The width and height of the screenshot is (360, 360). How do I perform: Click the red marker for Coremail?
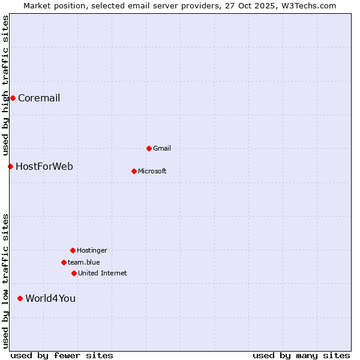(x=13, y=98)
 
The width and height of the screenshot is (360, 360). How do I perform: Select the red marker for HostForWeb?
(x=10, y=166)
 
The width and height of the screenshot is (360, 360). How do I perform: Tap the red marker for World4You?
(x=20, y=298)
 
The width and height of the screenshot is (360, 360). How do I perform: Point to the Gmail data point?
(x=149, y=148)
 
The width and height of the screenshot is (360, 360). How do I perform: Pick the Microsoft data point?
(x=134, y=171)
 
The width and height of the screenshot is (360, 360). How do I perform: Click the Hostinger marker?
(x=73, y=250)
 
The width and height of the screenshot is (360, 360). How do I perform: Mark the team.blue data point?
(x=64, y=262)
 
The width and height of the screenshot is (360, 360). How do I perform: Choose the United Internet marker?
(x=74, y=273)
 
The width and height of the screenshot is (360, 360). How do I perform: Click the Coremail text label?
(x=39, y=98)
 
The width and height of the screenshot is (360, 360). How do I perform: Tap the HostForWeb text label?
(x=44, y=167)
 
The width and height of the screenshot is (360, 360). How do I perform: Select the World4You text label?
(x=50, y=299)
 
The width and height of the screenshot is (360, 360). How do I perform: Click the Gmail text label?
(x=162, y=149)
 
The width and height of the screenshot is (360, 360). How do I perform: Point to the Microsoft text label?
(x=152, y=172)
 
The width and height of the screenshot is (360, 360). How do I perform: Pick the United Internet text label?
(x=103, y=274)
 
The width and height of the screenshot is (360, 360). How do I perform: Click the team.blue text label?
(x=84, y=263)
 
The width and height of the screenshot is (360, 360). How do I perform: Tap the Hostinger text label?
(x=92, y=251)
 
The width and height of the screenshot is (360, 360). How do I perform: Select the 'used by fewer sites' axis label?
(x=62, y=356)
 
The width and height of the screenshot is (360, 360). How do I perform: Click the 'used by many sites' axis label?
(x=301, y=356)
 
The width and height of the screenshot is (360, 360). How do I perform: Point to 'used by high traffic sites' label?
(x=5, y=84)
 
